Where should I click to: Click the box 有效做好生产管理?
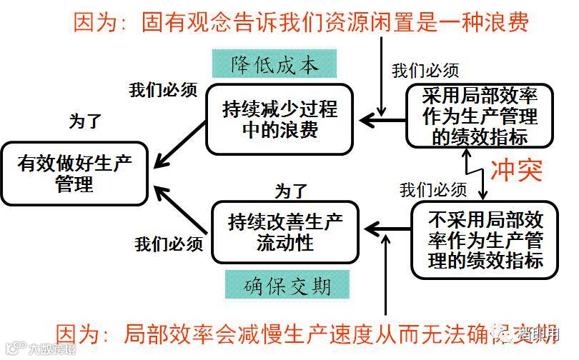point(74,174)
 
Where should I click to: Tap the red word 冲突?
point(516,171)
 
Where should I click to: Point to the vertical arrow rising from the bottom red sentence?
point(386,279)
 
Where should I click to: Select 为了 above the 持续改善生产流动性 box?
point(291,191)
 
